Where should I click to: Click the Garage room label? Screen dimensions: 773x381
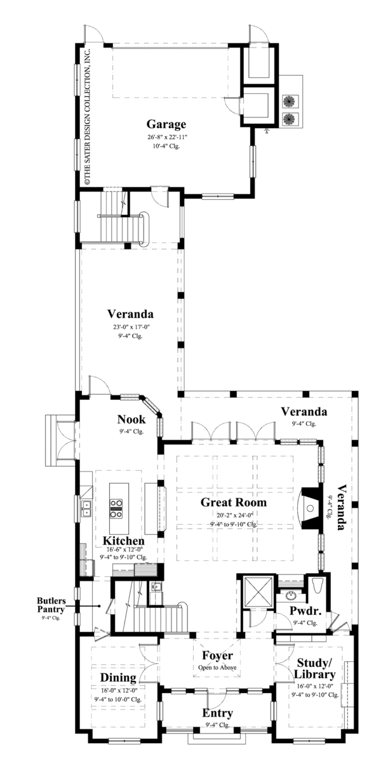point(166,124)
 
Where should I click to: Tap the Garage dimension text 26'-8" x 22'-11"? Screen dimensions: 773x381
point(166,136)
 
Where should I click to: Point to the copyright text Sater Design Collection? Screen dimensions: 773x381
point(88,114)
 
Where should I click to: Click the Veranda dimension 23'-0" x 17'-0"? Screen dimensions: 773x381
point(129,327)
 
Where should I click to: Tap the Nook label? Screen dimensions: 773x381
point(131,420)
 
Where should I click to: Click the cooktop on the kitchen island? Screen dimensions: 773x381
point(117,505)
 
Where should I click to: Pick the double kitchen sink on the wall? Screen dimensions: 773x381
point(85,507)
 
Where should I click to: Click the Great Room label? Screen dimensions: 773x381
point(234,503)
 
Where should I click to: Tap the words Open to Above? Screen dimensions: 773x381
point(217,668)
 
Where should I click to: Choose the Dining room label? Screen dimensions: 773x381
point(117,678)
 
